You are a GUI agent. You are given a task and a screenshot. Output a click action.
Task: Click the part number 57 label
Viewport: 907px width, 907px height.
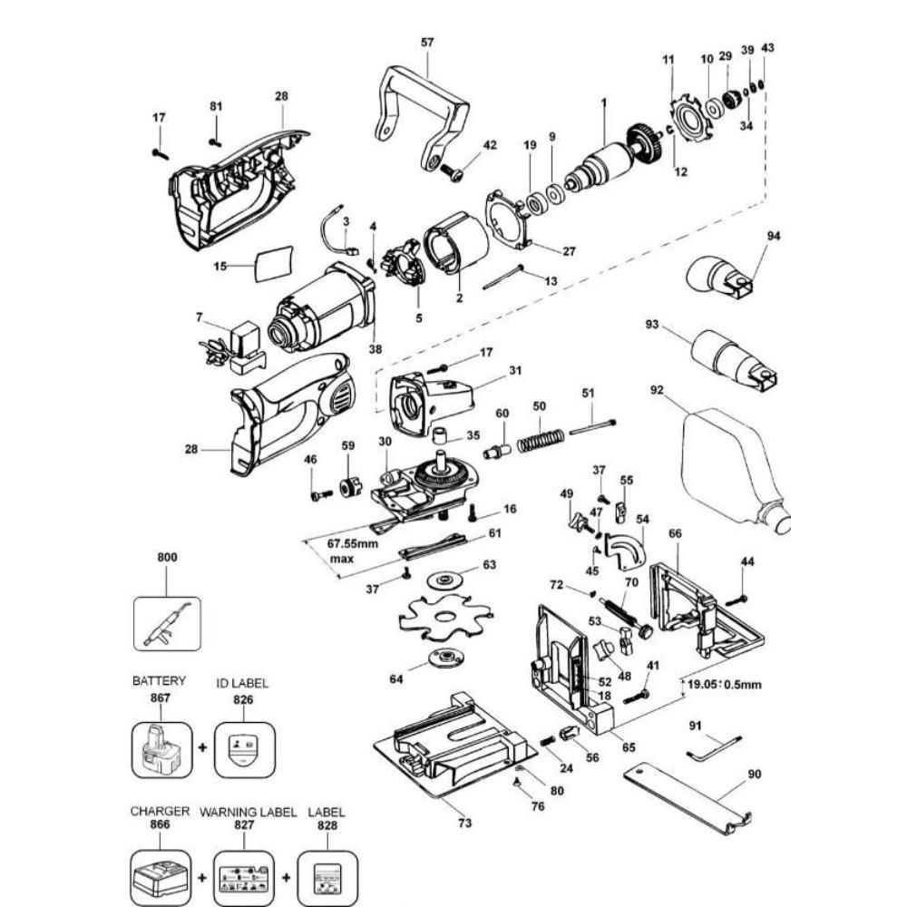point(427,43)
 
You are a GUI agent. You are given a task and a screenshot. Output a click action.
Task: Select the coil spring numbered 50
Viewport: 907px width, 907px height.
point(541,442)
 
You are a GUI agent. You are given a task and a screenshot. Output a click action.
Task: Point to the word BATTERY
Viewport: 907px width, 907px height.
point(159,680)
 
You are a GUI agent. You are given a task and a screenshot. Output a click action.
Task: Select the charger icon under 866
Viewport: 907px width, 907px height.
point(161,878)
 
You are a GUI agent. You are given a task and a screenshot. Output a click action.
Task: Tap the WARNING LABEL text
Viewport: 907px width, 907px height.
point(248,812)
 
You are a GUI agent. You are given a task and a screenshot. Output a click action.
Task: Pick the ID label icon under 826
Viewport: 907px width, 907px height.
point(244,749)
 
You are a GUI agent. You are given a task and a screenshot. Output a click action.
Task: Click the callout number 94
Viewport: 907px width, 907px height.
point(773,236)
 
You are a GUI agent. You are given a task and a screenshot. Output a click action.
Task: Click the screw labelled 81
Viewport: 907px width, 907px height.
point(215,141)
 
